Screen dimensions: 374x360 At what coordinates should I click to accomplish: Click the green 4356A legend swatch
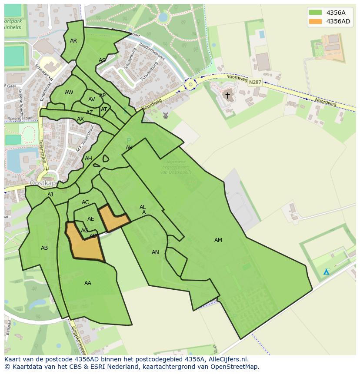[316, 13]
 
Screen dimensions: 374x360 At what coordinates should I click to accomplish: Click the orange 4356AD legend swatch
[316, 21]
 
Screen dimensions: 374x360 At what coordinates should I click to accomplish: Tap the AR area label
[73, 41]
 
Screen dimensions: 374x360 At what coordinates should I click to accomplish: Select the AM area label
[218, 240]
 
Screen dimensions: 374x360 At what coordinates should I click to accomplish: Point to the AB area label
[44, 248]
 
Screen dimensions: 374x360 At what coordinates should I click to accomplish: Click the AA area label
[88, 283]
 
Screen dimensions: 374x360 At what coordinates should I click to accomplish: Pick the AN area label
[155, 252]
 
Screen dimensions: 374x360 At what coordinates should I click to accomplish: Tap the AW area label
[69, 93]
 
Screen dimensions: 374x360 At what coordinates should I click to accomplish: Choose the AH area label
[88, 159]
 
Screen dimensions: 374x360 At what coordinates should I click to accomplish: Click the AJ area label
[50, 195]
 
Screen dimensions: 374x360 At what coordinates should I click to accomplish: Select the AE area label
[90, 219]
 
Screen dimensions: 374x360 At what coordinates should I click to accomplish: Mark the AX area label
[80, 119]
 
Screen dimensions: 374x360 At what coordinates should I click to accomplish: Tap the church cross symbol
[227, 95]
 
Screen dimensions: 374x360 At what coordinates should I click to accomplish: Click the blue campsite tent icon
[326, 272]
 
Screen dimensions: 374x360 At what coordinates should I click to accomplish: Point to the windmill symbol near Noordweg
[165, 116]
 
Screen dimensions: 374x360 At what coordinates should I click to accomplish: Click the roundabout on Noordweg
[190, 84]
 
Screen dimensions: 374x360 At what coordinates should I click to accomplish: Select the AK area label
[129, 148]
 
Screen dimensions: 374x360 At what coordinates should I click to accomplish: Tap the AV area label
[92, 99]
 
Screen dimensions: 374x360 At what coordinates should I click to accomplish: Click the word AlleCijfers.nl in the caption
[227, 359]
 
